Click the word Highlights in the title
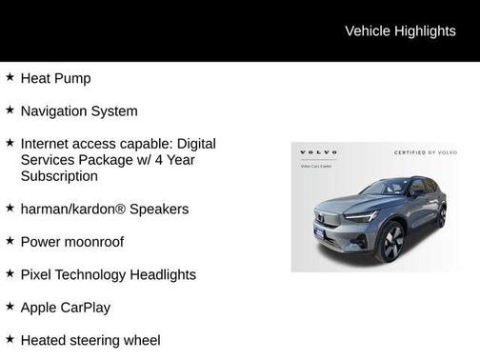point(427,30)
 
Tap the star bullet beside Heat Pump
point(10,77)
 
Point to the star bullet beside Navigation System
point(10,110)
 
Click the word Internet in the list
point(47,144)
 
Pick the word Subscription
point(59,176)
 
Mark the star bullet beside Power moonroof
point(10,241)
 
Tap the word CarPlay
point(86,308)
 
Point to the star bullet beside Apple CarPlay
point(10,307)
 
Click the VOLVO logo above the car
point(319,152)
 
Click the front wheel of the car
point(391,242)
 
